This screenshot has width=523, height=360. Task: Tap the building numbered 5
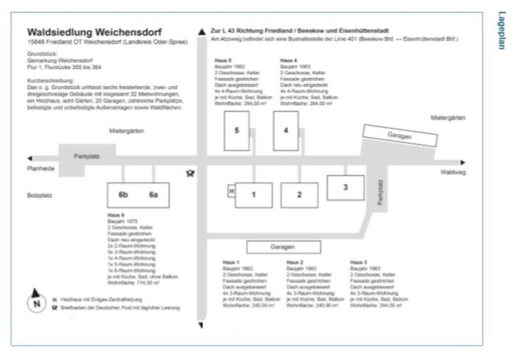pos(236,131)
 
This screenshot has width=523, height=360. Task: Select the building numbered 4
pos(285,131)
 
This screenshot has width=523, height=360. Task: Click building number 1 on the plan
pos(253,195)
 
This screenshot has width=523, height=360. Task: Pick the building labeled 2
pos(299,195)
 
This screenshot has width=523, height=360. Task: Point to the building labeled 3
pos(345,187)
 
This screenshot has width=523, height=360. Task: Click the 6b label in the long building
pos(124,195)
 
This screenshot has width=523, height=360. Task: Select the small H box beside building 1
pos(231,191)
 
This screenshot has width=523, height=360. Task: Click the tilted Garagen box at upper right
pos(400,136)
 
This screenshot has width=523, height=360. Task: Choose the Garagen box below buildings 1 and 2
pos(282,247)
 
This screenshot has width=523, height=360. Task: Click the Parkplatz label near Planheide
pos(87,156)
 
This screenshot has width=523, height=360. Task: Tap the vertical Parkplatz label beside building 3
pos(381,193)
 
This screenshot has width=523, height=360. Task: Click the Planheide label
pos(41,169)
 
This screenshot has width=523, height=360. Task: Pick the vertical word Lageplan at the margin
pos(501,31)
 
